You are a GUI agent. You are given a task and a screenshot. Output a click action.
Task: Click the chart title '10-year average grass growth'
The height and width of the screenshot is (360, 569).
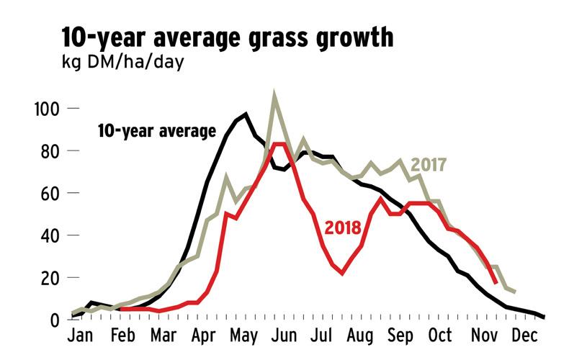[228, 37]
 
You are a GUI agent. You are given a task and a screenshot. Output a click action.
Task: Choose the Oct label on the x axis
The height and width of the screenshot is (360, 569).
[439, 337]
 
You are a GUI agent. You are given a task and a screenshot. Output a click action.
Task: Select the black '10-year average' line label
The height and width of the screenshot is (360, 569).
[156, 131]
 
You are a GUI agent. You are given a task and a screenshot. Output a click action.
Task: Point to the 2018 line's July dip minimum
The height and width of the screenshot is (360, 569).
[343, 273]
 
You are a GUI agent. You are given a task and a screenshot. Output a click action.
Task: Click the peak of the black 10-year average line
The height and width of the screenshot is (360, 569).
[246, 114]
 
